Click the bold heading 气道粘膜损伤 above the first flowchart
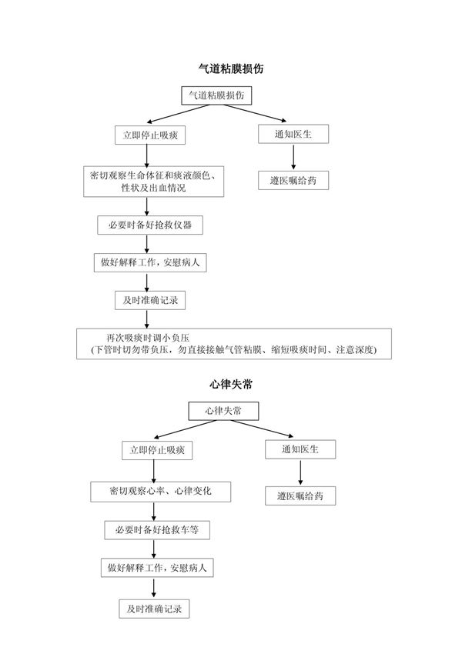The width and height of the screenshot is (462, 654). coord(231,69)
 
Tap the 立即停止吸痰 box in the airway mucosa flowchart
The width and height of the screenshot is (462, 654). coord(150,135)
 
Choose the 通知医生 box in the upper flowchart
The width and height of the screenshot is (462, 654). coord(293,134)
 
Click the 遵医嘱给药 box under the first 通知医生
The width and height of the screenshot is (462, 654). coord(293,181)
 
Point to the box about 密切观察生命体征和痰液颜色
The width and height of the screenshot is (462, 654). coord(152,182)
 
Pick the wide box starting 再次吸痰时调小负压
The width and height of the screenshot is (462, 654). coord(234,344)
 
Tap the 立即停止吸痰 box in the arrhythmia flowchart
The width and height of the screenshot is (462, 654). coord(157,449)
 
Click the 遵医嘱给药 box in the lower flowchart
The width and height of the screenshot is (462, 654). coord(301,496)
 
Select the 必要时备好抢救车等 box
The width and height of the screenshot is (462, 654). coord(157,530)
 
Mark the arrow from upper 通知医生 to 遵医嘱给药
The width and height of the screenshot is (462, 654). coord(293,157)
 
